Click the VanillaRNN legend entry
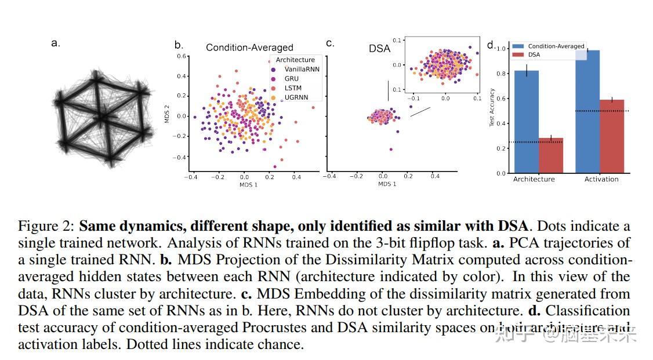click(302, 69)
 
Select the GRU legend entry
click(292, 78)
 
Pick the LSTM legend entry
click(293, 88)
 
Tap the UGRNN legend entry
click(296, 97)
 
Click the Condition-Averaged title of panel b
click(249, 48)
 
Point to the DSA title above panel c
click(380, 49)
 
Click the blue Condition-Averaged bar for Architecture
click(526, 122)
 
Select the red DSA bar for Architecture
click(550, 155)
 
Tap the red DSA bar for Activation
click(612, 136)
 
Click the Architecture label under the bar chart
click(534, 179)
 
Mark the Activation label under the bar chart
click(601, 179)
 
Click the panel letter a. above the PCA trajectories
click(56, 42)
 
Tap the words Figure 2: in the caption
click(47, 226)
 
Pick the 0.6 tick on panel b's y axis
click(181, 56)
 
